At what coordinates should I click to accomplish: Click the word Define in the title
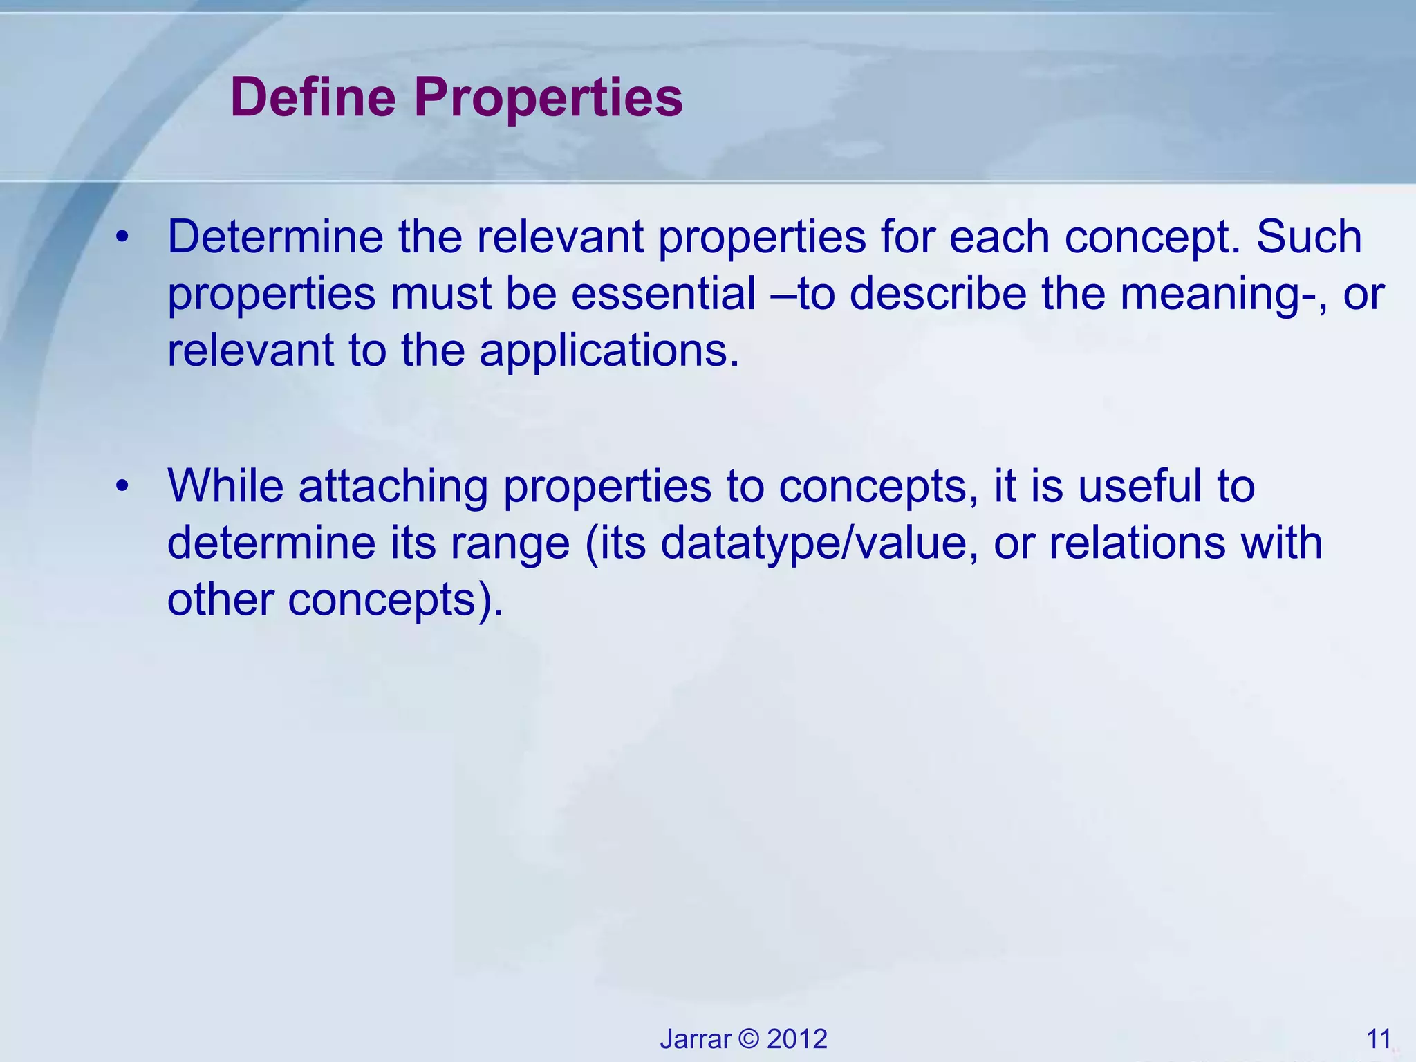pos(313,97)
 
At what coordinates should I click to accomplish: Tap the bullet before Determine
pos(123,237)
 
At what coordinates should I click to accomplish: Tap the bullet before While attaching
pos(123,486)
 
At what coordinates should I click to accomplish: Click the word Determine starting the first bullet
pos(275,237)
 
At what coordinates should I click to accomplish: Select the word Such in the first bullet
pos(1309,237)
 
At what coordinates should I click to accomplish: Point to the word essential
pos(664,294)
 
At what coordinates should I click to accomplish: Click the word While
pos(225,486)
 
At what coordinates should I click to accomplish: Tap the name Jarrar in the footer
pos(695,1039)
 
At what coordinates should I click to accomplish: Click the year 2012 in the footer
pos(797,1039)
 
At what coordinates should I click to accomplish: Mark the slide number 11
pos(1379,1039)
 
